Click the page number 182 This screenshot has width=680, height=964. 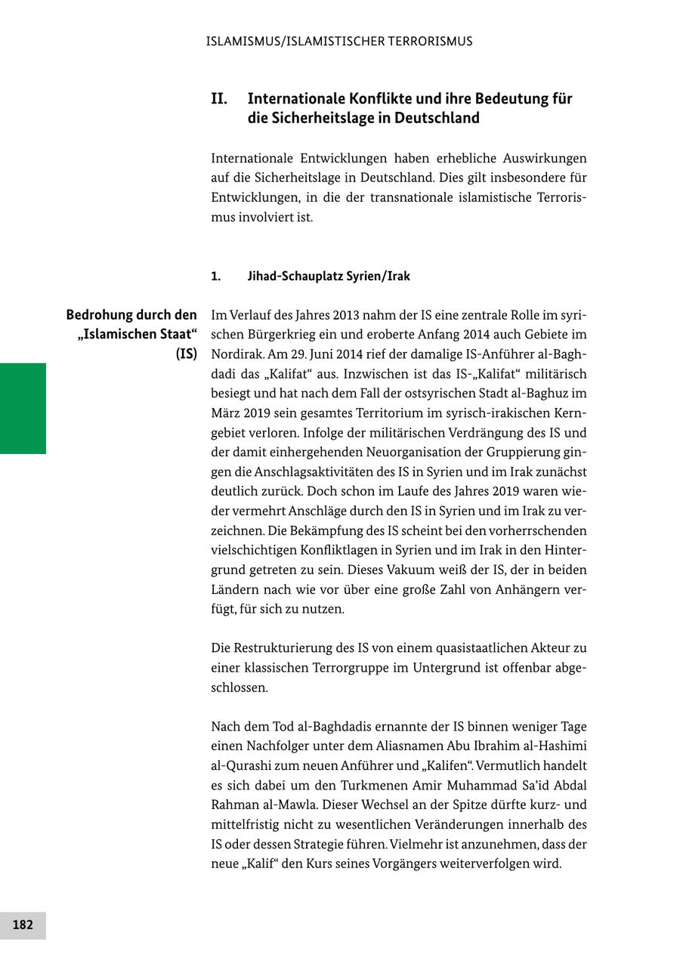[23, 925]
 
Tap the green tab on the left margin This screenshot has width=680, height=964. [23, 408]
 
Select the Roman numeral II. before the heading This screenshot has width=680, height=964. [219, 99]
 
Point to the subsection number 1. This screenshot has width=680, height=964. [216, 276]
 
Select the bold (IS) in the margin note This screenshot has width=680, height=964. [186, 354]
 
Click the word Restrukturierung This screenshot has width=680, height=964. [283, 648]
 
